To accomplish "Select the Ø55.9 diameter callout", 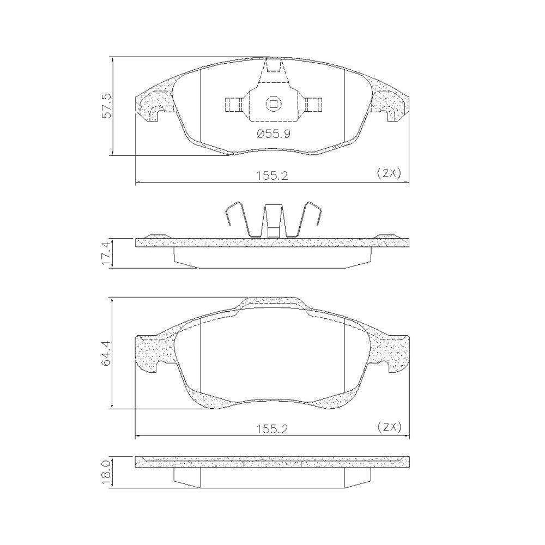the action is pos(274,134).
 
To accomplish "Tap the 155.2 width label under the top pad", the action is pos(272,176).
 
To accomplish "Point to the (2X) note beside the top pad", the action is pos(389,173).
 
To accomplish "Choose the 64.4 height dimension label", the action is pos(107,353).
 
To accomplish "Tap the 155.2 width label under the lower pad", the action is pos(272,429).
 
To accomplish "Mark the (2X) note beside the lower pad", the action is pos(389,427).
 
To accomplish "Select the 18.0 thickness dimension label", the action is pos(107,472).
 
